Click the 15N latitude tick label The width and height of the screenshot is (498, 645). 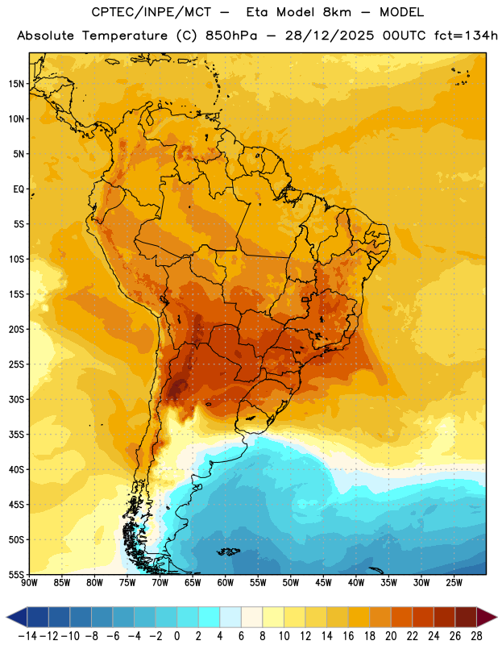click(16, 84)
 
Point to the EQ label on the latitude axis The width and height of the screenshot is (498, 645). click(19, 189)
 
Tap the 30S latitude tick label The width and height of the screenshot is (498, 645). click(16, 399)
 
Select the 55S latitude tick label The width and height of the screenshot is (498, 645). click(16, 574)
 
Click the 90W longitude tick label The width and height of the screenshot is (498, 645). click(29, 583)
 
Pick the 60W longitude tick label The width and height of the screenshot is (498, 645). click(226, 583)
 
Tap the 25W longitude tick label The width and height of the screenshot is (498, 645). click(454, 583)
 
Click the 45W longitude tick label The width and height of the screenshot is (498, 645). click(323, 583)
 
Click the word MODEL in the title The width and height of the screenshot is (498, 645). click(401, 12)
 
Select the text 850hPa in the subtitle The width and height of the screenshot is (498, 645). click(231, 35)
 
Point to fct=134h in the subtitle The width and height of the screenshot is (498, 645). click(466, 35)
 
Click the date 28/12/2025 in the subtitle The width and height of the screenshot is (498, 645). click(330, 35)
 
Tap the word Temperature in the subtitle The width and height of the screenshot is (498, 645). click(125, 35)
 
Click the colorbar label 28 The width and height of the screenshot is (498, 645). click(476, 636)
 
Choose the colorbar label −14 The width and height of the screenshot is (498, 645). click(27, 636)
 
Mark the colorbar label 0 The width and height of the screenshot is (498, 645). click(176, 636)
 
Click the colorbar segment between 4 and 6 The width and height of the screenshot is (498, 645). click(230, 617)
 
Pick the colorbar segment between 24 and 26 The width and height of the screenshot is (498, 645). click(444, 617)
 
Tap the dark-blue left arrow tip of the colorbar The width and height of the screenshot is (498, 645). click(7, 617)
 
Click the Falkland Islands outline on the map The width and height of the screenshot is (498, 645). click(228, 551)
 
